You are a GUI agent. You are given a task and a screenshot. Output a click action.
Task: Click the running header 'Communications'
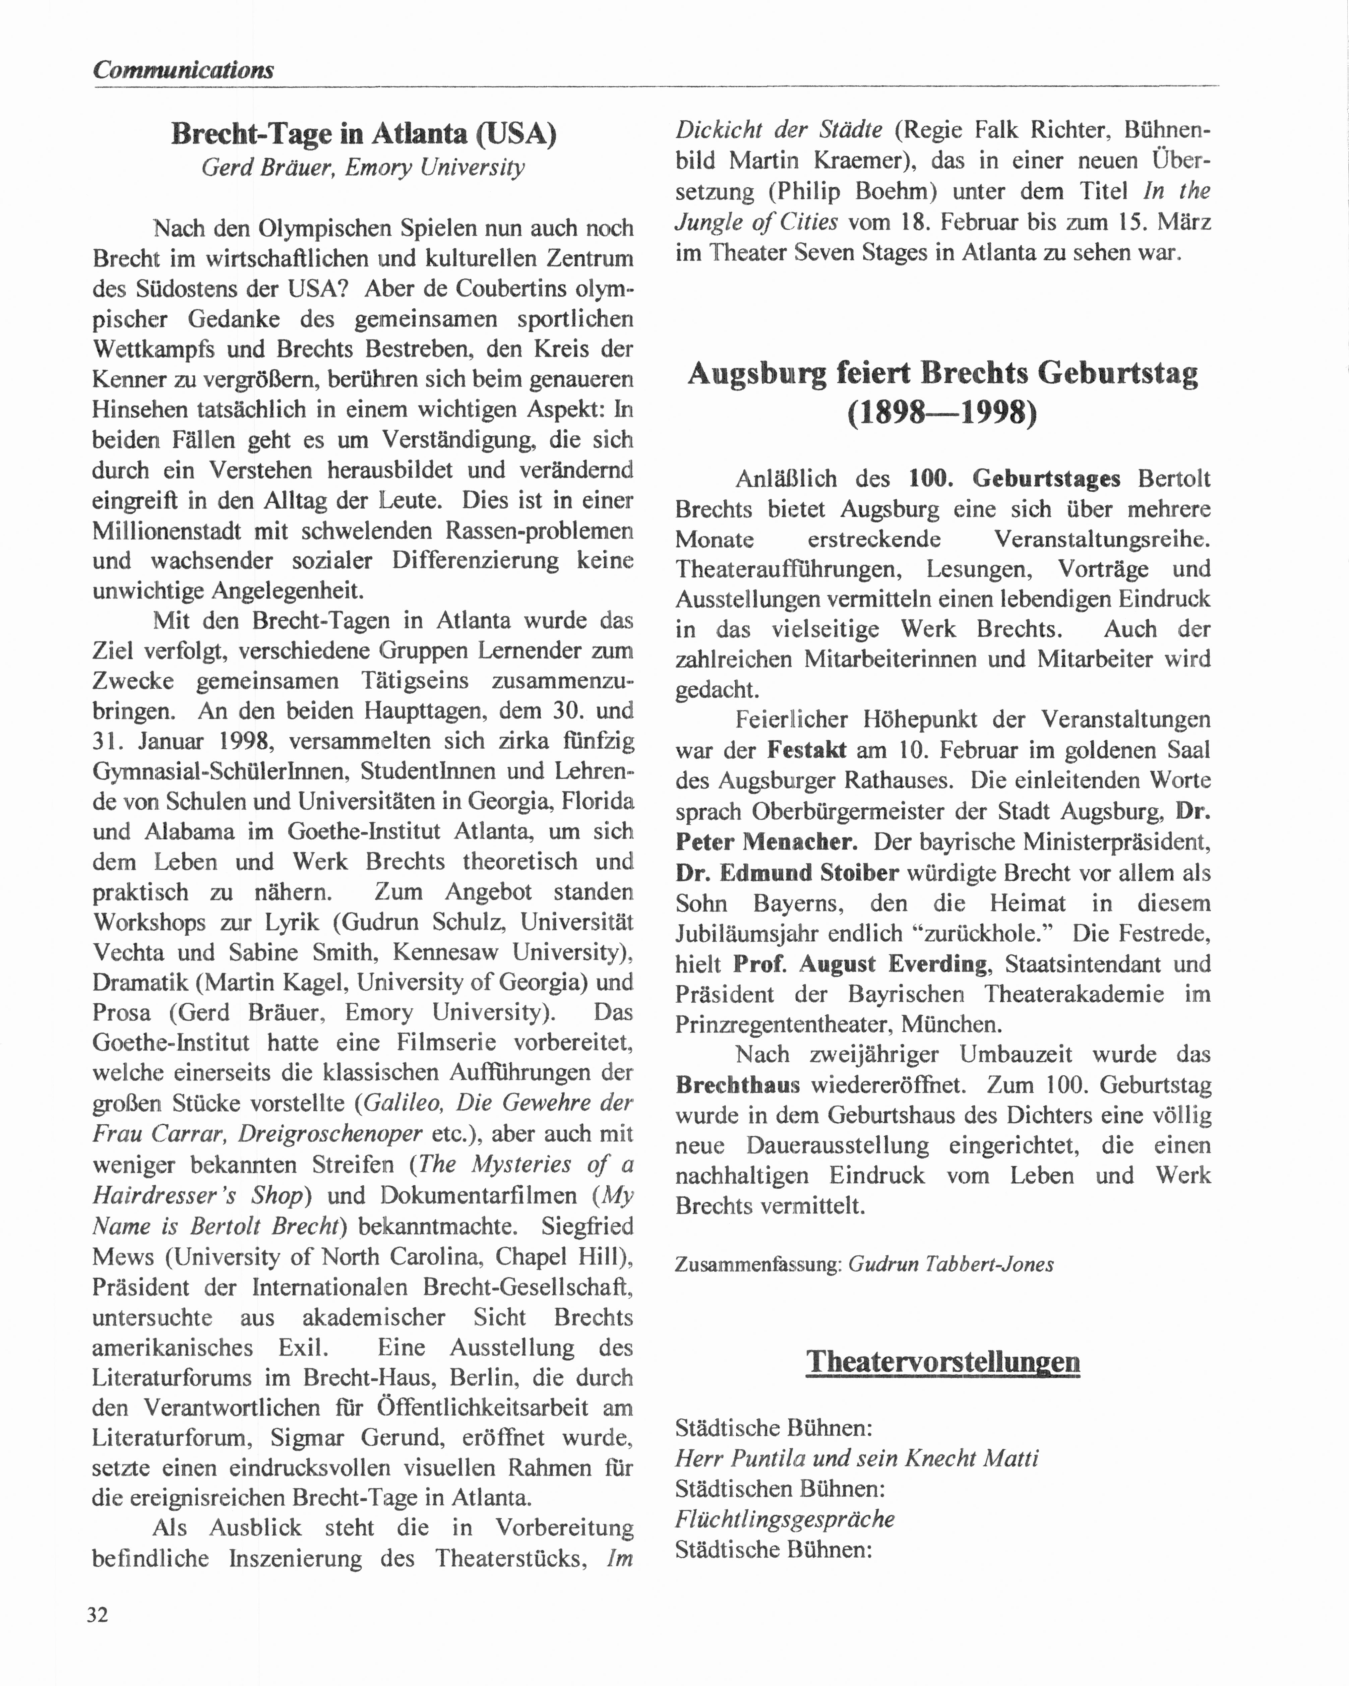(183, 70)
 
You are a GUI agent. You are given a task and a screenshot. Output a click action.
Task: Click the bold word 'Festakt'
(806, 750)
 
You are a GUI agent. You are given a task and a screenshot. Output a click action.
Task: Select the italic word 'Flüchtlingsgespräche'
(784, 1519)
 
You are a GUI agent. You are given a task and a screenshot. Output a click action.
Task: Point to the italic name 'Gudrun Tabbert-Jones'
(951, 1264)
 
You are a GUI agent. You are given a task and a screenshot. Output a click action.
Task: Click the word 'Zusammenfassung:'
(758, 1264)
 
